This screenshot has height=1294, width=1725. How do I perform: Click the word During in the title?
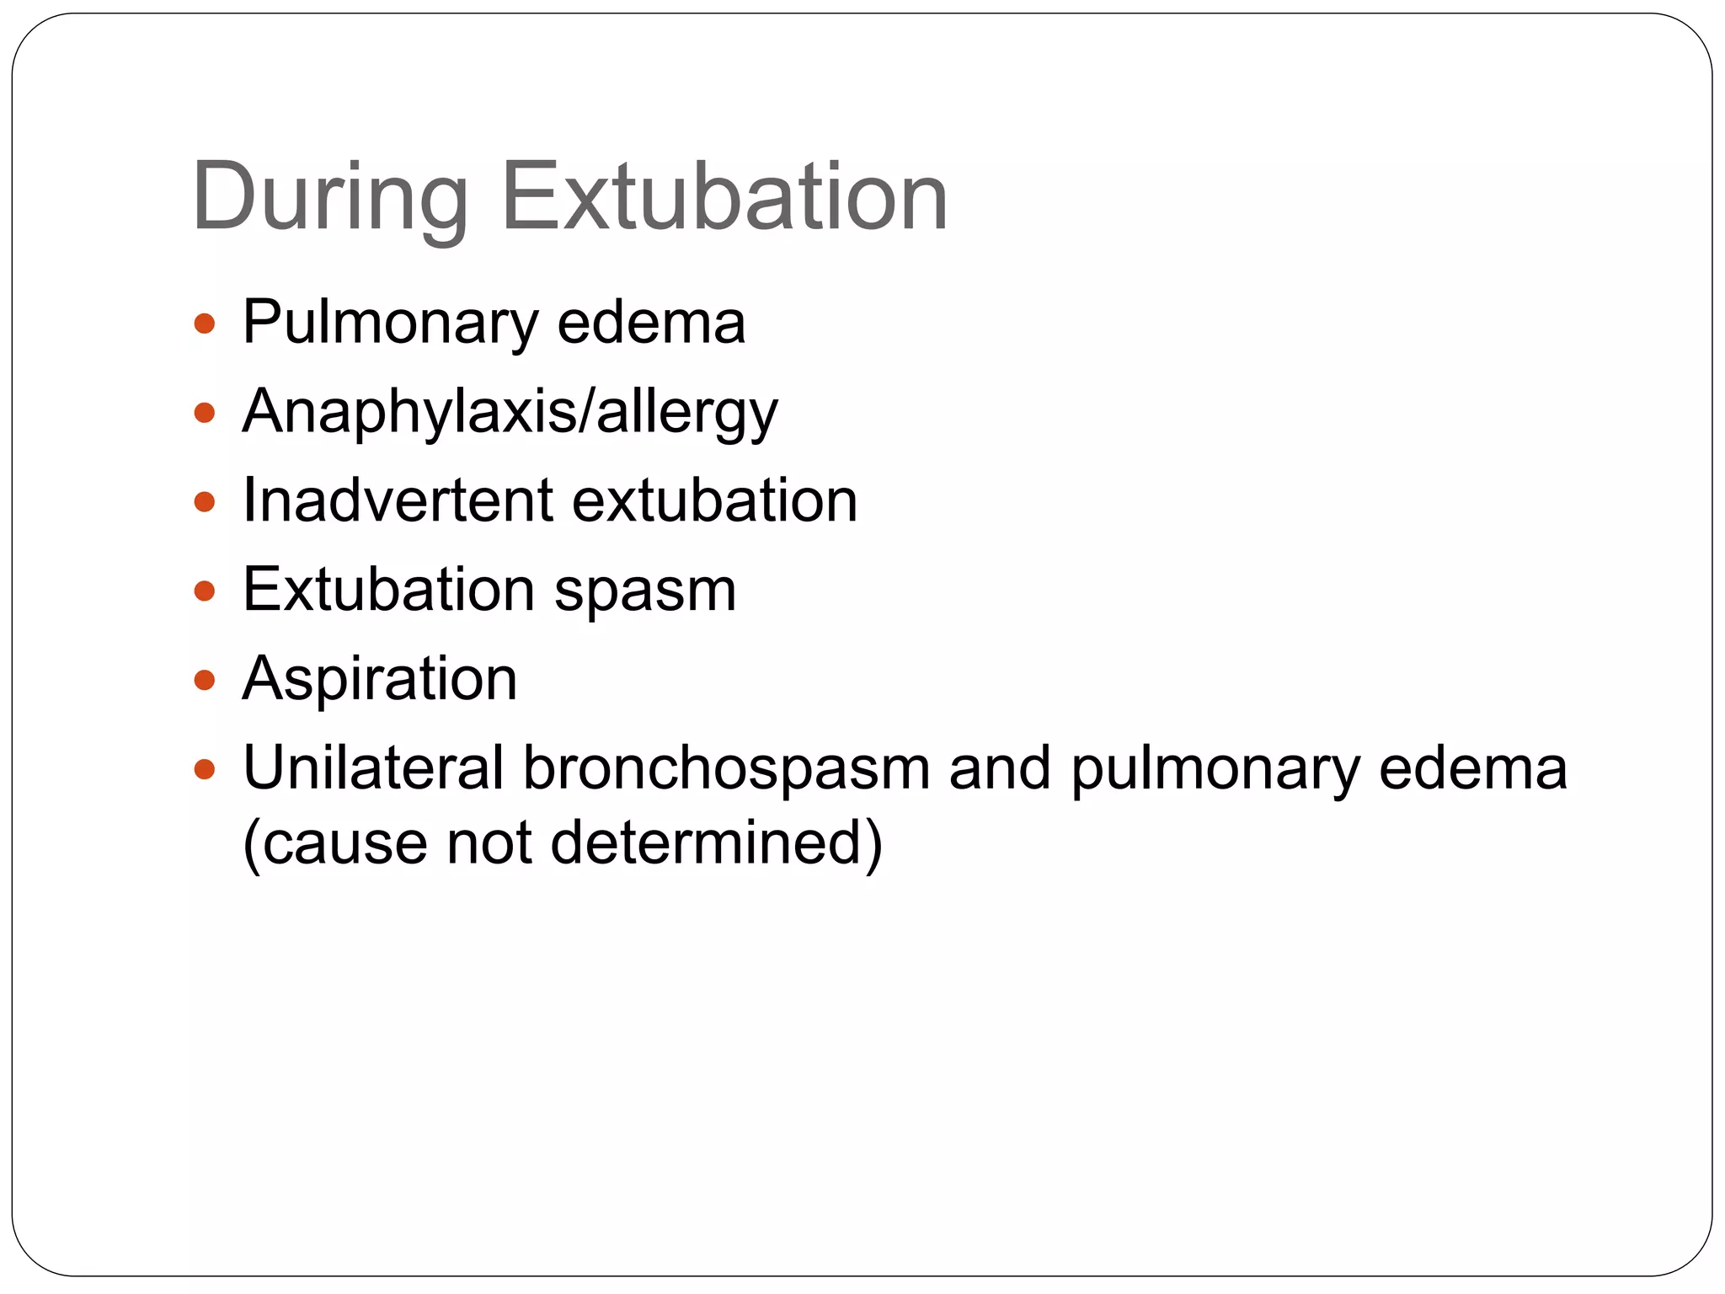(329, 198)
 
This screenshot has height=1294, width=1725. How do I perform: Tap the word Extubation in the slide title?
(724, 198)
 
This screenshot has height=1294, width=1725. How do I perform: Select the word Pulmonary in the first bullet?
(390, 324)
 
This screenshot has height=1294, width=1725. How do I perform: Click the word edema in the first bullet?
(651, 323)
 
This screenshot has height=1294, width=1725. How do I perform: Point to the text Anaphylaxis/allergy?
(510, 414)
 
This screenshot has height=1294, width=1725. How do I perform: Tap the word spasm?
(645, 591)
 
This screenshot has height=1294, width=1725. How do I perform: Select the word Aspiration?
(380, 679)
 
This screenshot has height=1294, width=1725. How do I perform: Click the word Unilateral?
(373, 768)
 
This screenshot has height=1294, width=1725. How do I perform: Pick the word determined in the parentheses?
(716, 842)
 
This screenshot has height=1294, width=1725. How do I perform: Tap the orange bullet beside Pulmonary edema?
(205, 323)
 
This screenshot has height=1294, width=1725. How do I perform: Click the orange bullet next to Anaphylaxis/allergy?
(205, 413)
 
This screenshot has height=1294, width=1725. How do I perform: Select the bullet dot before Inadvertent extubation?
(205, 502)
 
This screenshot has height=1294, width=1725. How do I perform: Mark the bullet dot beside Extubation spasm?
(205, 591)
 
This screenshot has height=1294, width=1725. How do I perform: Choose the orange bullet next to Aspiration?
(205, 680)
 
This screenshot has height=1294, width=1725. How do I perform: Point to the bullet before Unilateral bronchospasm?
(205, 769)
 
